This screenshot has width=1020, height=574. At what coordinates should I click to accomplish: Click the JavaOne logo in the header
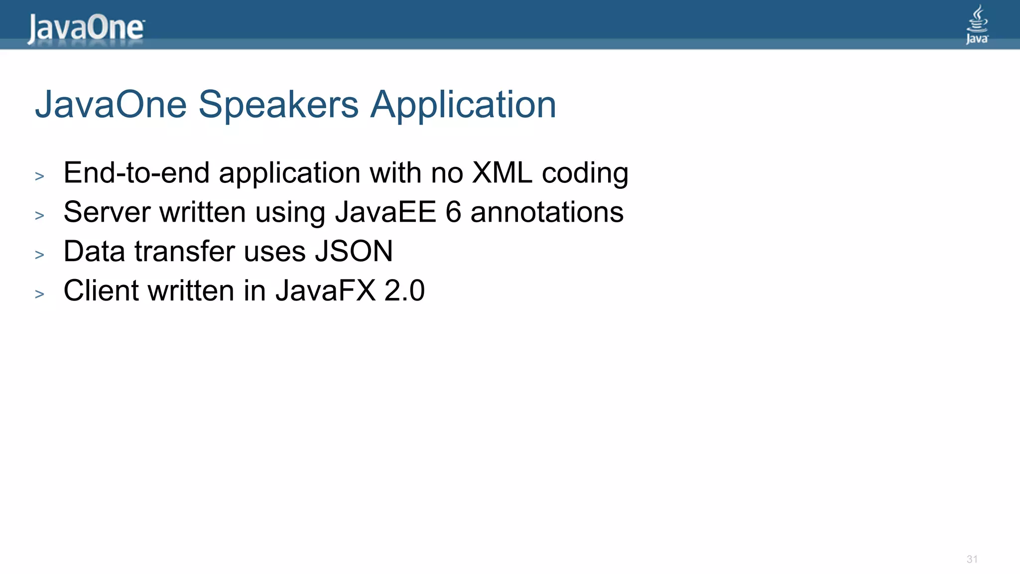point(86,28)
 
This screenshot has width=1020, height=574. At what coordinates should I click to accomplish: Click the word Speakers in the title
point(278,105)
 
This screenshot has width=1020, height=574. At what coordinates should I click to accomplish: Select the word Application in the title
point(463,106)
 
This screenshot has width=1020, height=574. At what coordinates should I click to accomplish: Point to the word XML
point(502,173)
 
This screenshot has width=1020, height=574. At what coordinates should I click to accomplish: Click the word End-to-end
point(136,173)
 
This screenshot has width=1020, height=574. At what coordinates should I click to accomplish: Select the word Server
point(107,212)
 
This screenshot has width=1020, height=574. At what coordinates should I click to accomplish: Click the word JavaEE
point(385,212)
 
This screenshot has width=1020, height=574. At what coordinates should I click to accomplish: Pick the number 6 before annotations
point(453,212)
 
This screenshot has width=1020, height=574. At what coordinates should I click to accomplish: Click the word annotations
point(547,212)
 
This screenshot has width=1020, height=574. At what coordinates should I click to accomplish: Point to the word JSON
point(354,251)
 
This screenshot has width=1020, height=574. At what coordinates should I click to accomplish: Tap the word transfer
point(184,251)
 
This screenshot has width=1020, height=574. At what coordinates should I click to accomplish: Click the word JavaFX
point(325,290)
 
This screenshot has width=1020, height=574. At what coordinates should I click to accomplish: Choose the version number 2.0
point(404,290)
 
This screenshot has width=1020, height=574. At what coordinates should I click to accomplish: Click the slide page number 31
point(972,559)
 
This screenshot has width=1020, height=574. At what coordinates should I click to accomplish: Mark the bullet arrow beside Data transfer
point(40,255)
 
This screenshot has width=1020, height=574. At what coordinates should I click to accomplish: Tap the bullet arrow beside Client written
point(40,294)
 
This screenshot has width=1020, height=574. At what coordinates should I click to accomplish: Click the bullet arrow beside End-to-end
point(40,176)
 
